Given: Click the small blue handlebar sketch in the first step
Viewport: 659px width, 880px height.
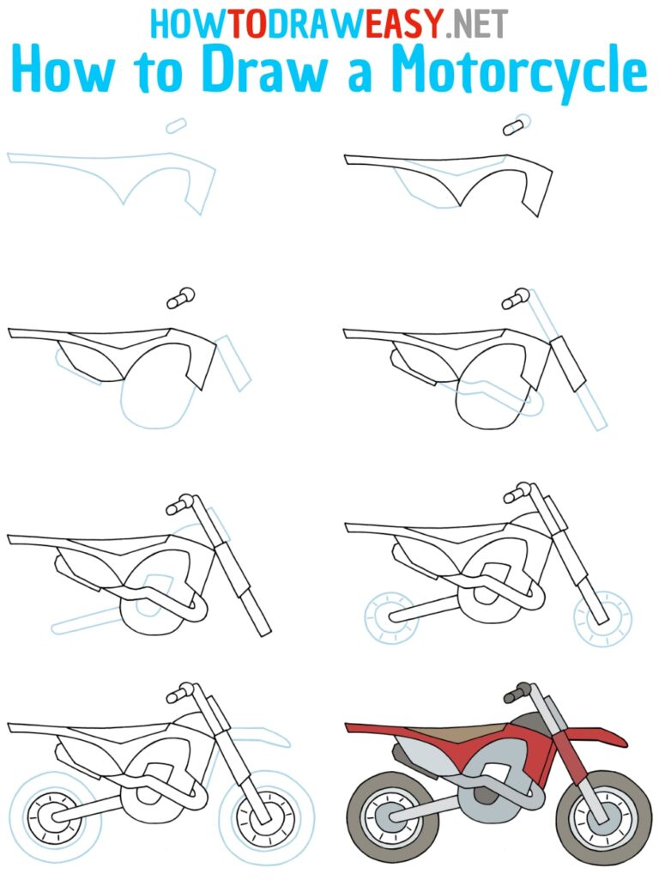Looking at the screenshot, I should pyautogui.click(x=176, y=126).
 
